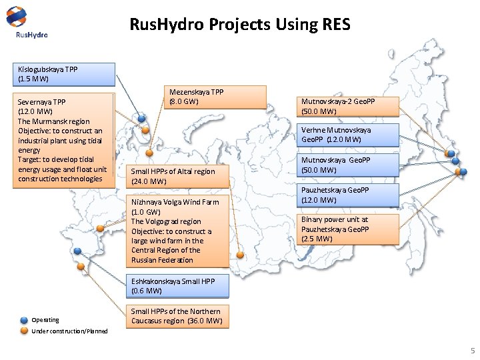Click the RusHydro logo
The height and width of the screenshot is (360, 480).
click(26, 23)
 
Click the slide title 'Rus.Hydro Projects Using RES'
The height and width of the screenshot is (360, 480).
click(239, 25)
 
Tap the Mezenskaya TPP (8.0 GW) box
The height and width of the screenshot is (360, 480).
click(215, 97)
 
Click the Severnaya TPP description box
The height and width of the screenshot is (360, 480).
click(64, 141)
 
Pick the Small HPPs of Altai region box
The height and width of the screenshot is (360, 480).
click(179, 176)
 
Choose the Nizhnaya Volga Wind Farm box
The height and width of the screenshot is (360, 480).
click(179, 231)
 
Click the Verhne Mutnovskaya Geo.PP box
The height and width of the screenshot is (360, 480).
click(349, 135)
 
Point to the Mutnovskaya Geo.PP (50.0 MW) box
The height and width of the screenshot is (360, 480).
click(349, 165)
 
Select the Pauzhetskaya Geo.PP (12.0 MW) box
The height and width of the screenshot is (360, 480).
click(349, 195)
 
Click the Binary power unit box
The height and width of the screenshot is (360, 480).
click(349, 229)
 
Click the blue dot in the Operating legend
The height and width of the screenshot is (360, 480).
click(24, 319)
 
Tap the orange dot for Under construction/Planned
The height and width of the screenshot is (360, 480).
click(24, 331)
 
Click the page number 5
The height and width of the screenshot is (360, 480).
click(472, 351)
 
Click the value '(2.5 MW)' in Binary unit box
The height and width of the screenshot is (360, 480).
click(317, 239)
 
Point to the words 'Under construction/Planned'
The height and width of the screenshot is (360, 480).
click(69, 331)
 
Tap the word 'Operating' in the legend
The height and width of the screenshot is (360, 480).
click(45, 320)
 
